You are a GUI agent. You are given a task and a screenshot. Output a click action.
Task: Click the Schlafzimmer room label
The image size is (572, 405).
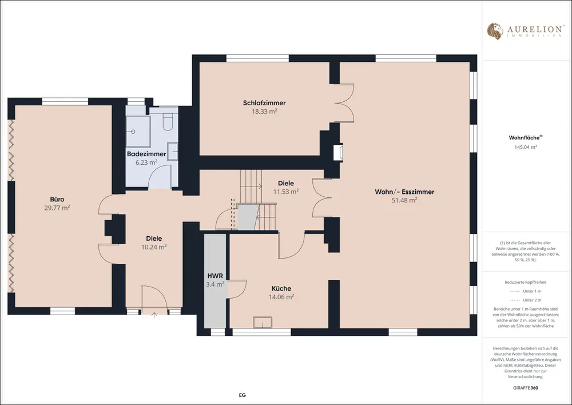click(x=264, y=103)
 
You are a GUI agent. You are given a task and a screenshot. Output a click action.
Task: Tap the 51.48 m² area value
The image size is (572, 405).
click(x=404, y=200)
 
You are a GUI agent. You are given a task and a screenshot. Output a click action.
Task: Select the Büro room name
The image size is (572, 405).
click(x=57, y=199)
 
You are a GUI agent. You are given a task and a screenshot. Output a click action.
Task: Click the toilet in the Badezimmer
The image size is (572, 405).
click(x=168, y=121)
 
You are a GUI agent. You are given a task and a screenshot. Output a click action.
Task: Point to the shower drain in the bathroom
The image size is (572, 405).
click(x=133, y=132)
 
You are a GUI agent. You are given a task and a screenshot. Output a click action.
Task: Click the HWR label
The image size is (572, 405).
click(x=215, y=276)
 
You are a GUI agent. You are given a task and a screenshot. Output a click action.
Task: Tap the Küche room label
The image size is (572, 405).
click(x=281, y=289)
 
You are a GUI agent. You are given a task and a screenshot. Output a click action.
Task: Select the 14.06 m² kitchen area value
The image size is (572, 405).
click(x=281, y=297)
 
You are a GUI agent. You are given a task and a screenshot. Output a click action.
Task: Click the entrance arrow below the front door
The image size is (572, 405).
click(x=154, y=315)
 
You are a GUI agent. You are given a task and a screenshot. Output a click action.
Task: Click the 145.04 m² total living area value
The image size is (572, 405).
click(x=526, y=147)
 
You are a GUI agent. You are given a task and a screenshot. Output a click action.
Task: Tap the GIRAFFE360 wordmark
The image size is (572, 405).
click(x=526, y=388)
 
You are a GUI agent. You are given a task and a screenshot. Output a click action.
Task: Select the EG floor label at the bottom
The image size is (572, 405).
click(x=242, y=395)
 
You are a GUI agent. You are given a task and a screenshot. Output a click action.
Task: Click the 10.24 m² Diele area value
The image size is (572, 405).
click(x=154, y=247)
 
